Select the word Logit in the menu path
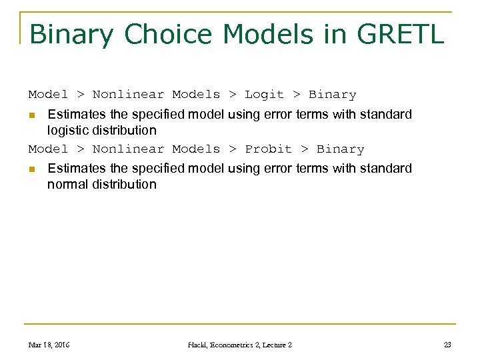click(265, 95)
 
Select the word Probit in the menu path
click(269, 149)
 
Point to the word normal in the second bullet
click(67, 185)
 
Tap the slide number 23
click(447, 345)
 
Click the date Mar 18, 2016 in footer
click(49, 345)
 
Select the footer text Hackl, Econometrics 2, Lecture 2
click(239, 345)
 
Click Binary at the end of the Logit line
click(333, 95)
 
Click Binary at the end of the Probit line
click(341, 149)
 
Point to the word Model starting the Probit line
click(48, 149)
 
